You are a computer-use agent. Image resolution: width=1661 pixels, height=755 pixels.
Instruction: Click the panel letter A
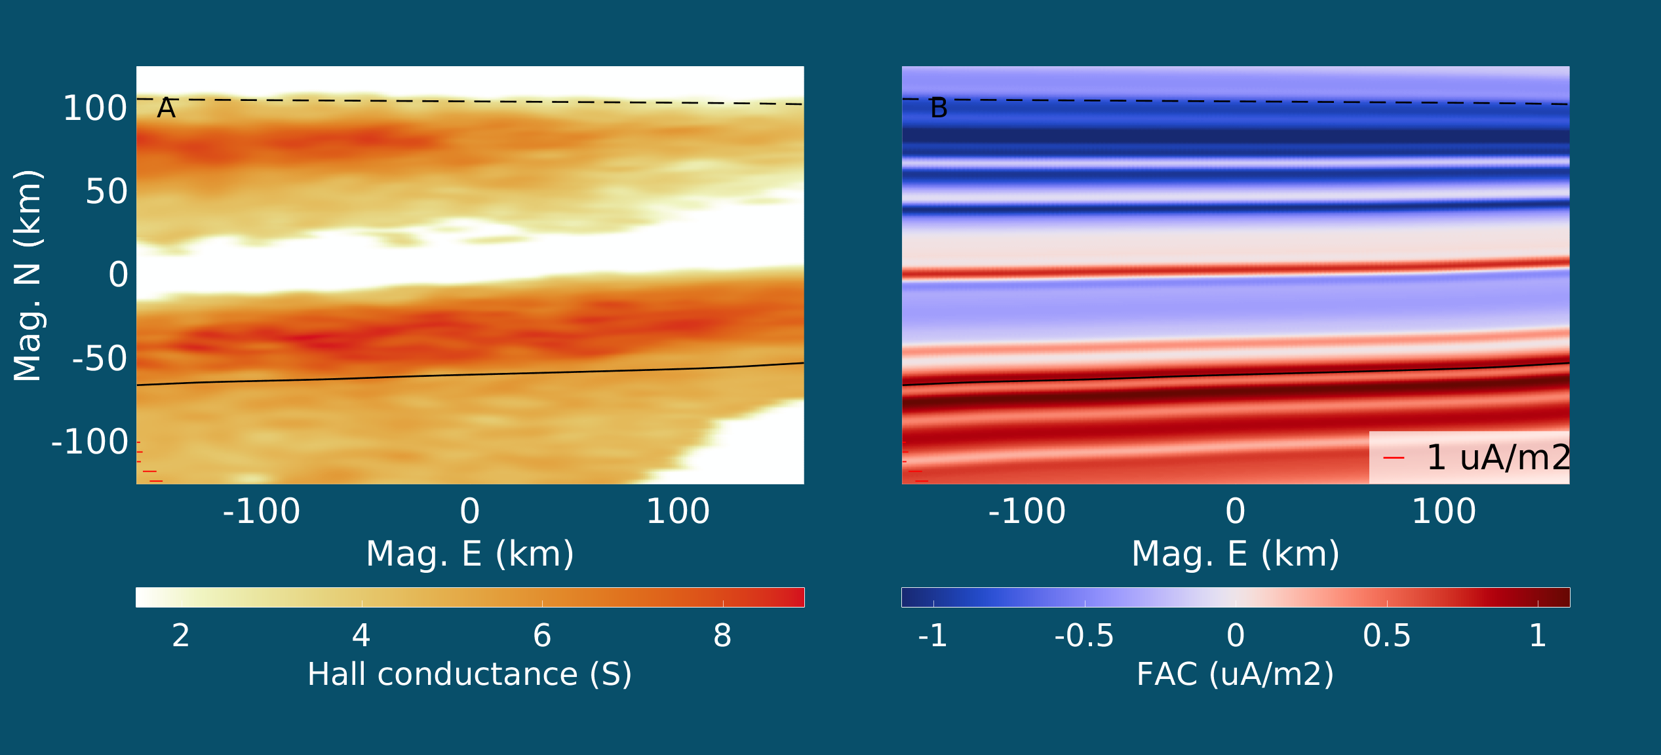pyautogui.click(x=166, y=108)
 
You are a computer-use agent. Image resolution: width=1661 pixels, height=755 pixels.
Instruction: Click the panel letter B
pyautogui.click(x=939, y=108)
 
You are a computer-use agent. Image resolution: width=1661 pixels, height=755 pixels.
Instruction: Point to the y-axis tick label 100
pyautogui.click(x=95, y=108)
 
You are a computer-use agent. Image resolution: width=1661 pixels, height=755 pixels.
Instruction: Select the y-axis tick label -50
pyautogui.click(x=100, y=358)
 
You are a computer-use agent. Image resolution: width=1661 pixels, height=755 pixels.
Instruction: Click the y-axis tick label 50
pyautogui.click(x=107, y=191)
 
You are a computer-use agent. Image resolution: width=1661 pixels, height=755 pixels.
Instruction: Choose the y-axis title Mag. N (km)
pyautogui.click(x=28, y=275)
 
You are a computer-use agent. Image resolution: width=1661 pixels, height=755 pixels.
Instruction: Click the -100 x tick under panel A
pyautogui.click(x=262, y=511)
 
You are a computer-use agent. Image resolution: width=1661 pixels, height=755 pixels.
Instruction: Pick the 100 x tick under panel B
pyautogui.click(x=1444, y=511)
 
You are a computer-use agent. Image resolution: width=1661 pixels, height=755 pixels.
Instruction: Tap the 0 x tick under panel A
pyautogui.click(x=470, y=511)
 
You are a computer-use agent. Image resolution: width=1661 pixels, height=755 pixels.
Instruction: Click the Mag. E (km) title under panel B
pyautogui.click(x=1236, y=554)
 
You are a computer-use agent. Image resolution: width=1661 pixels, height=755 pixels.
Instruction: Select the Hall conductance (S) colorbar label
pyautogui.click(x=470, y=674)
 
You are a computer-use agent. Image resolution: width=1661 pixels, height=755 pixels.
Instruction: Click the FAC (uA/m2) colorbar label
pyautogui.click(x=1236, y=674)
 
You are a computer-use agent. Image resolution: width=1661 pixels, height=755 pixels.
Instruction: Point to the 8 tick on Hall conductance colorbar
pyautogui.click(x=722, y=635)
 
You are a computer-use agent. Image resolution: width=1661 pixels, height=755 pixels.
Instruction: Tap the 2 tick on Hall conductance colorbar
pyautogui.click(x=181, y=635)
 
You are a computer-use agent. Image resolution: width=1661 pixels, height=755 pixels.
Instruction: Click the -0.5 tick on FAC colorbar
pyautogui.click(x=1084, y=635)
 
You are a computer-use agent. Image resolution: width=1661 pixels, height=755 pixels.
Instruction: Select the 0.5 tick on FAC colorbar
pyautogui.click(x=1387, y=635)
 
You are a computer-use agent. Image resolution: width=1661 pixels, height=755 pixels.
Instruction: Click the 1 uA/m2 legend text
pyautogui.click(x=1498, y=457)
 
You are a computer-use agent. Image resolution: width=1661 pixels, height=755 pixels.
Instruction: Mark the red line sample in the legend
pyautogui.click(x=1394, y=458)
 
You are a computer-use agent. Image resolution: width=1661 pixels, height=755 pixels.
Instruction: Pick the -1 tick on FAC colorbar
pyautogui.click(x=933, y=635)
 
